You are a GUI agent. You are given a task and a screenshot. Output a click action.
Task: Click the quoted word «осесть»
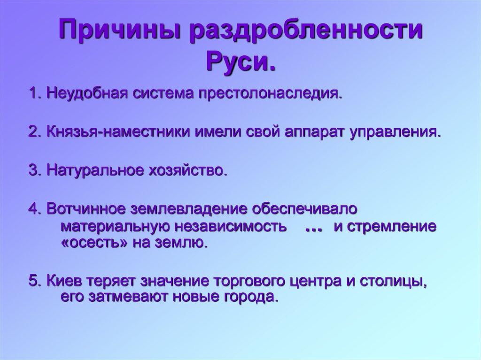94,243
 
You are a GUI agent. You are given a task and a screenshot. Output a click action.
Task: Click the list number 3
33,170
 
